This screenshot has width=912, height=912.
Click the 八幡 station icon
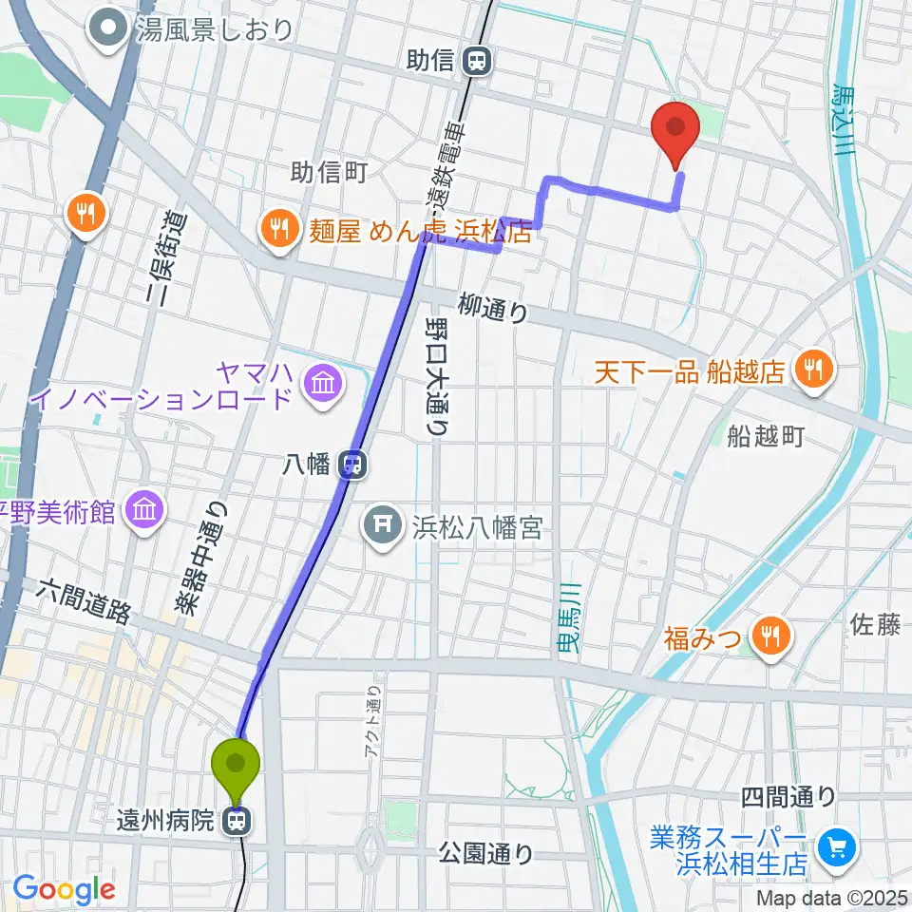click(353, 465)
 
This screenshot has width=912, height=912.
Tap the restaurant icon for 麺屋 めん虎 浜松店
click(278, 227)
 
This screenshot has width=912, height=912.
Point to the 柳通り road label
click(492, 307)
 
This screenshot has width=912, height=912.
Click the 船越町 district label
click(766, 436)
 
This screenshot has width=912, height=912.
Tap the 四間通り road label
click(788, 795)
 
